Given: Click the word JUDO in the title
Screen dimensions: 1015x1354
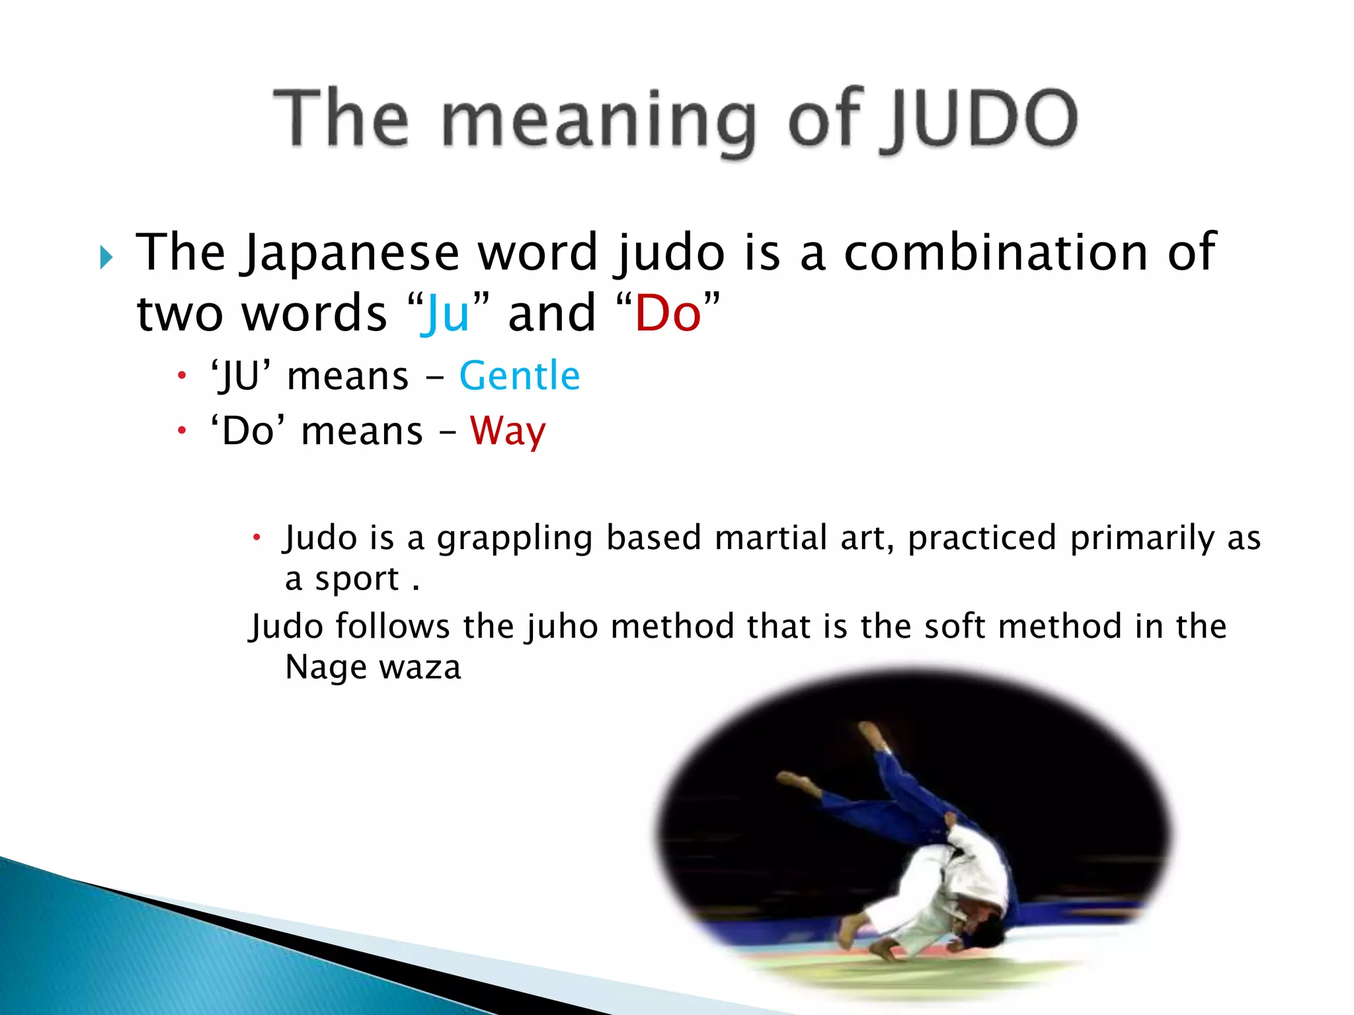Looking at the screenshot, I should point(982,119).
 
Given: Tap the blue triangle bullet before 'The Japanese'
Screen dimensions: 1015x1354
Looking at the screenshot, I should point(106,257).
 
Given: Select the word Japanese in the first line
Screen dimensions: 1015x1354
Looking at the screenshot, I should point(350,254).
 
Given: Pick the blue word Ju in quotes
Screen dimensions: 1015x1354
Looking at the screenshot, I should point(448,313).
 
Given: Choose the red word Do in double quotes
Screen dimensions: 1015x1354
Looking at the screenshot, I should point(668,313).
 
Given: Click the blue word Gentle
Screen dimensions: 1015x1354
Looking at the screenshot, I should point(520,376).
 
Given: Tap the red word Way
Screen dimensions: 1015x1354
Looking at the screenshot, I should point(508,432).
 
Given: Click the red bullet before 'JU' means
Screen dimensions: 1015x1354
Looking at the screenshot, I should point(182,377).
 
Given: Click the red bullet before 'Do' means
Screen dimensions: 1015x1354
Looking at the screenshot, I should point(182,432).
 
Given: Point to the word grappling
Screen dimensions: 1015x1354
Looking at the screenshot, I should point(514,539).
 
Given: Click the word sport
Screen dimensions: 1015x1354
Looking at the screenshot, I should point(357,580).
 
